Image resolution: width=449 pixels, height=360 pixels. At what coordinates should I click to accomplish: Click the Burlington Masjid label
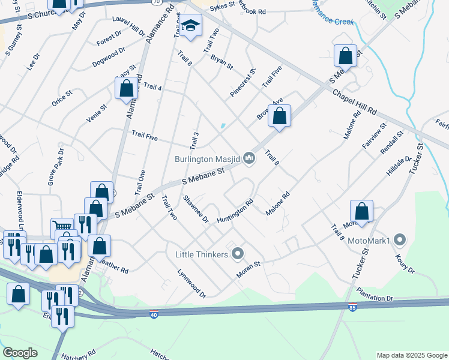(x=207, y=159)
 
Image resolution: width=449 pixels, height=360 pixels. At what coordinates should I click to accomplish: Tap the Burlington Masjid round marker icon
(x=249, y=158)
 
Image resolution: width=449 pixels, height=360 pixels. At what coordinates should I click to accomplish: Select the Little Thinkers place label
(x=201, y=254)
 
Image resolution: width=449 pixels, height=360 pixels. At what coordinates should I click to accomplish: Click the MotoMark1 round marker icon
(x=401, y=241)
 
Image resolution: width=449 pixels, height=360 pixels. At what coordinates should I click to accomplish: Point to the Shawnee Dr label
(x=195, y=209)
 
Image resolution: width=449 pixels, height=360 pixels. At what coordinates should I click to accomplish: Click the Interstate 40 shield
(x=154, y=314)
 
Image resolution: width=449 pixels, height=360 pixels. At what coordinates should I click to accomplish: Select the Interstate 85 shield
(x=351, y=308)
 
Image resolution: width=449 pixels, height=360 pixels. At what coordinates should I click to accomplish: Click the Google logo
(x=20, y=353)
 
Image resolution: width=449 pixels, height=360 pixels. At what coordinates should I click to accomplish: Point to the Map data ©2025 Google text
(x=411, y=355)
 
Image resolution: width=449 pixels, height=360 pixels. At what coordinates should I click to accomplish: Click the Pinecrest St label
(x=243, y=83)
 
